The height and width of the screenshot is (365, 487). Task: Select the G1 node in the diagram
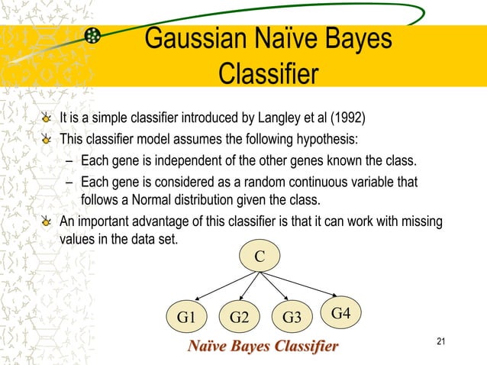186,316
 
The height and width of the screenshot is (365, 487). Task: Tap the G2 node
239,316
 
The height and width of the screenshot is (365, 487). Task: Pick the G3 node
292,316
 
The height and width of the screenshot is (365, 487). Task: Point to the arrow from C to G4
305,284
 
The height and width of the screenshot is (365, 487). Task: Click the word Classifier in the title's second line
267,74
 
